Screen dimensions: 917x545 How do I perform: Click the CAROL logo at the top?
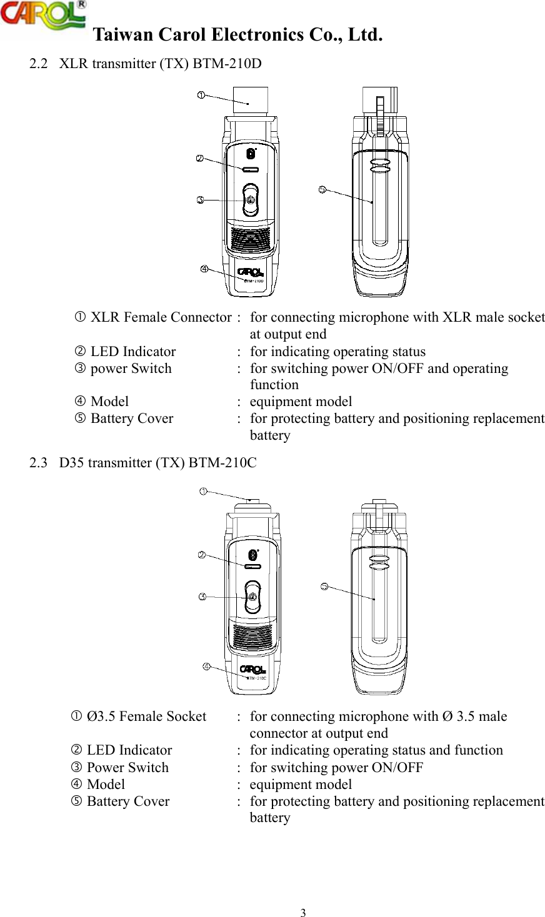tap(42, 15)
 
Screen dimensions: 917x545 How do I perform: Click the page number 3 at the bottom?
tap(303, 913)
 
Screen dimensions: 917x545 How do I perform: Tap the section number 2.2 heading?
tap(39, 64)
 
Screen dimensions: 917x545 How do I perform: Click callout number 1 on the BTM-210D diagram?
tap(201, 95)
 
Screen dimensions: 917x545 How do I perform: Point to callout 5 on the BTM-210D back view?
tap(322, 190)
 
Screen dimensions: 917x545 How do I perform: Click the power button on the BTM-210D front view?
tap(250, 201)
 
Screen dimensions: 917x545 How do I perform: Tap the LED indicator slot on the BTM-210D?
tap(250, 169)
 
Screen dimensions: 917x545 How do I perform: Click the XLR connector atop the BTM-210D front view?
tap(250, 100)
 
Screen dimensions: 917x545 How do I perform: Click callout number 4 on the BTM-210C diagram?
tap(206, 667)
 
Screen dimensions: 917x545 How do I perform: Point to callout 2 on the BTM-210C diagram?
tap(202, 555)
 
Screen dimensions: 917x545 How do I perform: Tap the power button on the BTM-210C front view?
tap(252, 597)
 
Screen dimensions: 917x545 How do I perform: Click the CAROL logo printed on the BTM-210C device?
tap(253, 670)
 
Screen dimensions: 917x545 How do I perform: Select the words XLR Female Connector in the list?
tap(161, 318)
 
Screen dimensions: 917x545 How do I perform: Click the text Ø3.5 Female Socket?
tap(146, 716)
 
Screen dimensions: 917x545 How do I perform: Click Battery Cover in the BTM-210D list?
tap(132, 419)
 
